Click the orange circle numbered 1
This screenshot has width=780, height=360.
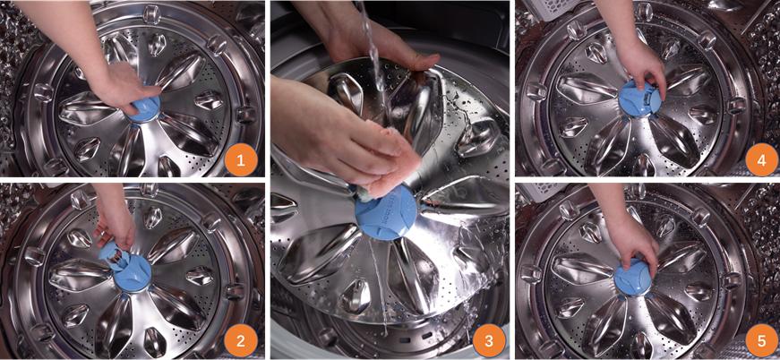tap(241, 160)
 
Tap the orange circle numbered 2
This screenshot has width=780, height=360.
tap(241, 340)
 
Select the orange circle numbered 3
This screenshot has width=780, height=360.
tap(490, 340)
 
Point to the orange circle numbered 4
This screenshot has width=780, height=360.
tap(762, 160)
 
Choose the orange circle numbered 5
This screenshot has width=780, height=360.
tap(762, 340)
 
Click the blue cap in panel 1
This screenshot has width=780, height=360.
tap(145, 109)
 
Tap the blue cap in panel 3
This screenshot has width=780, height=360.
tap(387, 214)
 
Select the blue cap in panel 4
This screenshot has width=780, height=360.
tap(639, 99)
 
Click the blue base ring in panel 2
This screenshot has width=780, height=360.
tap(133, 274)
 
